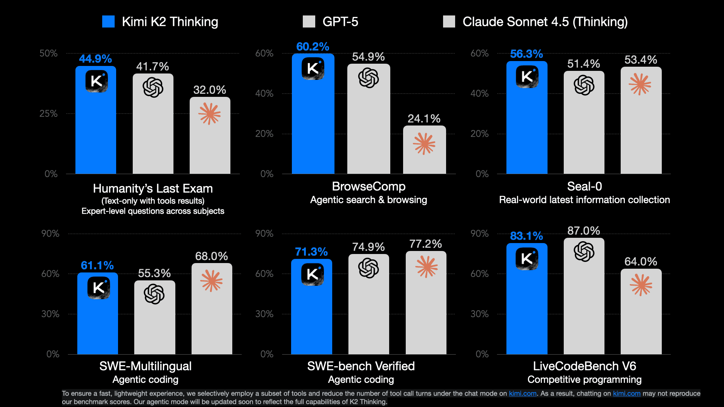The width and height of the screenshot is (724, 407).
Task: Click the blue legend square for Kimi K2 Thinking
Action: click(108, 21)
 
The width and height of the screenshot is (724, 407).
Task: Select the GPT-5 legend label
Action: click(340, 21)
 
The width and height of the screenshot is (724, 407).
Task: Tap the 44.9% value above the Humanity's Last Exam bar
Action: click(95, 59)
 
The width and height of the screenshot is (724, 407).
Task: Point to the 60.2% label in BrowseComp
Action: click(313, 47)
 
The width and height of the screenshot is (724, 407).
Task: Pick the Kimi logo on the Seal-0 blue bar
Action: click(527, 77)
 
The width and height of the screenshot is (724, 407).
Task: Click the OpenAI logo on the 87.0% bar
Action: click(584, 251)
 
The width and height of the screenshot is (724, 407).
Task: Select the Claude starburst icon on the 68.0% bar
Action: click(212, 281)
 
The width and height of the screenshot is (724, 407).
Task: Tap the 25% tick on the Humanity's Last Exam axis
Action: click(49, 113)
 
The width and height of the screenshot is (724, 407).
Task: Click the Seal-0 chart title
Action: click(584, 186)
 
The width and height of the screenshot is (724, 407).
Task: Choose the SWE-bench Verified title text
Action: click(361, 366)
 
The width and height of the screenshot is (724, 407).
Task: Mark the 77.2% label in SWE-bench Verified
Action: click(425, 244)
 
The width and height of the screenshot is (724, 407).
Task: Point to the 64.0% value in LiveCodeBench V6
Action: click(641, 261)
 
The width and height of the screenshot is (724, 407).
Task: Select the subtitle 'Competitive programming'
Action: click(584, 379)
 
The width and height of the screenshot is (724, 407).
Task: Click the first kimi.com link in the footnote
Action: click(523, 393)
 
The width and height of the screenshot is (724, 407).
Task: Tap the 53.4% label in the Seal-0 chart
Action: click(641, 60)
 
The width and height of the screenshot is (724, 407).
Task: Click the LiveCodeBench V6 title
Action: click(584, 366)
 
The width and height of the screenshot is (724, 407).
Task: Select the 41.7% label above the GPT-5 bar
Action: click(153, 66)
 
